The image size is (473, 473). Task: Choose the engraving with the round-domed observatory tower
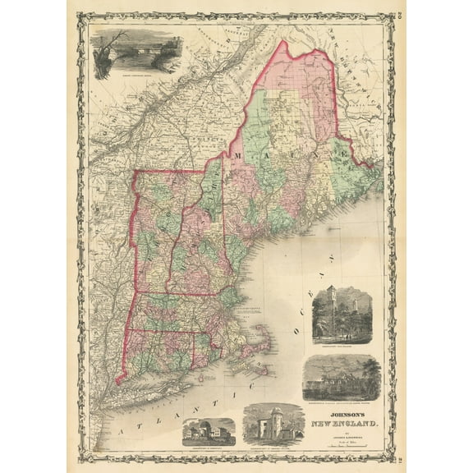(273, 425)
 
